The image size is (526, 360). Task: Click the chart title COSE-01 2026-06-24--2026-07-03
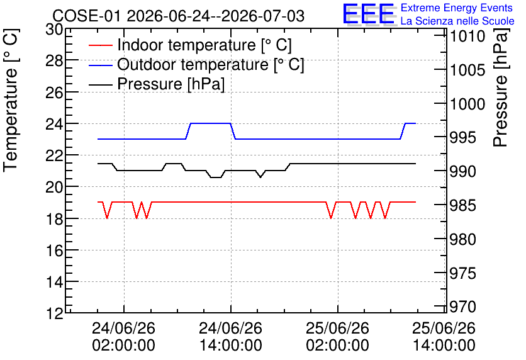179,16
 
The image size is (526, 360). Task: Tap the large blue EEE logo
368,14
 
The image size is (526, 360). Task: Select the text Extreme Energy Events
457,8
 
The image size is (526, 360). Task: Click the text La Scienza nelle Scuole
457,21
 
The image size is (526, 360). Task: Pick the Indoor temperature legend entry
190,45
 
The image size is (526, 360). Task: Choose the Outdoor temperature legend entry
196,64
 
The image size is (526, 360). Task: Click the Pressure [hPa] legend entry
157,84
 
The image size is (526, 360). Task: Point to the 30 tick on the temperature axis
54,30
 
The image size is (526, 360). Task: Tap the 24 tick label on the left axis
54,124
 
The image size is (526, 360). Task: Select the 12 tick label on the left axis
54,314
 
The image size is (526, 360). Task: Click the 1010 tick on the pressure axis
467,37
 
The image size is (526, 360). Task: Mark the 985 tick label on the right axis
462,205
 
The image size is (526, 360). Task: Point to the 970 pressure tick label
462,307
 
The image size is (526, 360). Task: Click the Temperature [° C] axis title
11,101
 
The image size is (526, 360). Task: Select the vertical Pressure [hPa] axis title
501,88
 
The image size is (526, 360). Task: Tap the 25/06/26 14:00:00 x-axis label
444,337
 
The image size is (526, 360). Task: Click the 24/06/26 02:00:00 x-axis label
124,337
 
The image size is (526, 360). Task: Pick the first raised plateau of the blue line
211,123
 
